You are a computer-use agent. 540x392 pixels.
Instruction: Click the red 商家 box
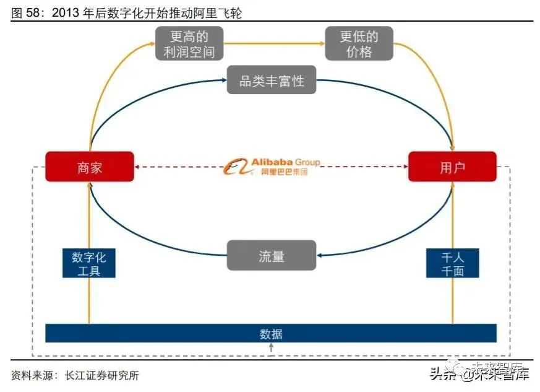click(x=90, y=167)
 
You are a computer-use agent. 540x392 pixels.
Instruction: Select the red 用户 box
click(x=452, y=167)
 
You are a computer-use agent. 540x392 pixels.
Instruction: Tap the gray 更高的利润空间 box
click(x=189, y=43)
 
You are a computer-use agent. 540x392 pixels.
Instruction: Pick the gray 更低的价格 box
click(x=359, y=43)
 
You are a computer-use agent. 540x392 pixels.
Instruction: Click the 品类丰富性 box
click(x=272, y=81)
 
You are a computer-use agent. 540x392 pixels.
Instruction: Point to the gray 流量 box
click(x=272, y=255)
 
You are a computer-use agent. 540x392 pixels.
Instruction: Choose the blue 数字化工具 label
click(x=89, y=263)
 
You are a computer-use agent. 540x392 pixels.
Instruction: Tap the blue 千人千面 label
click(x=452, y=263)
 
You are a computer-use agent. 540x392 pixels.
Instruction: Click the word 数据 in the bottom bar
click(x=271, y=334)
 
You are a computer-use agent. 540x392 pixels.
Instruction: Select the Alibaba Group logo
click(x=272, y=166)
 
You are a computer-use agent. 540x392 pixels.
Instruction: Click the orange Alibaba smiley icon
click(x=235, y=167)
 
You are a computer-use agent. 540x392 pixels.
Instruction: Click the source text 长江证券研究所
click(x=99, y=375)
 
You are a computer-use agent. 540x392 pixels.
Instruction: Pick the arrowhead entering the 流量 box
click(x=320, y=255)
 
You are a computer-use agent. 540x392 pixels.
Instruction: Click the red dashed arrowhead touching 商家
click(x=138, y=167)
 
